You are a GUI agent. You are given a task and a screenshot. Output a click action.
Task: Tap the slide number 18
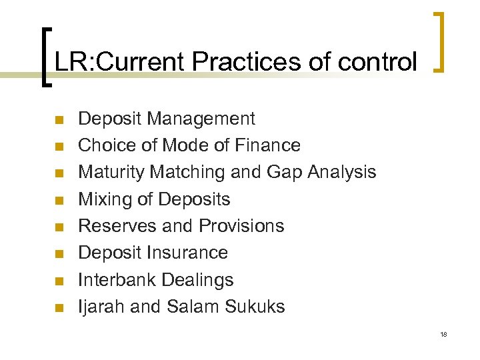[443, 333]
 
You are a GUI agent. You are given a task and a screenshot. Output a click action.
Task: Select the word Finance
[269, 145]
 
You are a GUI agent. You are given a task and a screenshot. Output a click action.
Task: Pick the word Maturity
[111, 172]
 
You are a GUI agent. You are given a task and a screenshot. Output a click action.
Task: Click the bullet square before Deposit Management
[58, 120]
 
